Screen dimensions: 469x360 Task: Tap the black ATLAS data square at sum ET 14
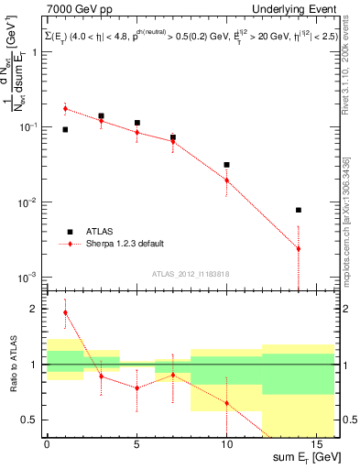click(x=299, y=210)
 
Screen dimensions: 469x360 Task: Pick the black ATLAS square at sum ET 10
click(x=226, y=165)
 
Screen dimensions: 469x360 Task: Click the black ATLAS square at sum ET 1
click(x=65, y=130)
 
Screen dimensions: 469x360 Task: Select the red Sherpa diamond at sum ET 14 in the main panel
click(x=299, y=248)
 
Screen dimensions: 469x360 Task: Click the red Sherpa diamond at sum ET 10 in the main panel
click(x=226, y=180)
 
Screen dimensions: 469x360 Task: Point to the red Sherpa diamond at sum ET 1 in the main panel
click(x=65, y=109)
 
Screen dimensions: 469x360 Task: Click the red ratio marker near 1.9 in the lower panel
click(x=65, y=312)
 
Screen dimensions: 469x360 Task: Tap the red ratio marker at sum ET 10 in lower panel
click(x=226, y=403)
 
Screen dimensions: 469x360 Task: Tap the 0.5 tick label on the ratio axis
click(x=32, y=420)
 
